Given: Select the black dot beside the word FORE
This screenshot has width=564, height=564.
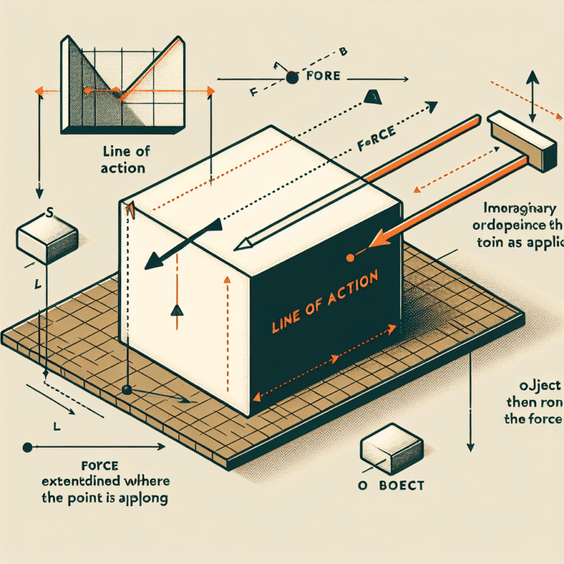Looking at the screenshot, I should pyautogui.click(x=290, y=80).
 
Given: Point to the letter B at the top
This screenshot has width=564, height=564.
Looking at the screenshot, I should pyautogui.click(x=343, y=51).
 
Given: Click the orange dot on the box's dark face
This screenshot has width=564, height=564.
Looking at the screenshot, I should pyautogui.click(x=348, y=259).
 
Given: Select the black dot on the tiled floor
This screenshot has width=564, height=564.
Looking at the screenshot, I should pyautogui.click(x=127, y=390).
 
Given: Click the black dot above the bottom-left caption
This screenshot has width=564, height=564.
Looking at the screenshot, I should pyautogui.click(x=27, y=447).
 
